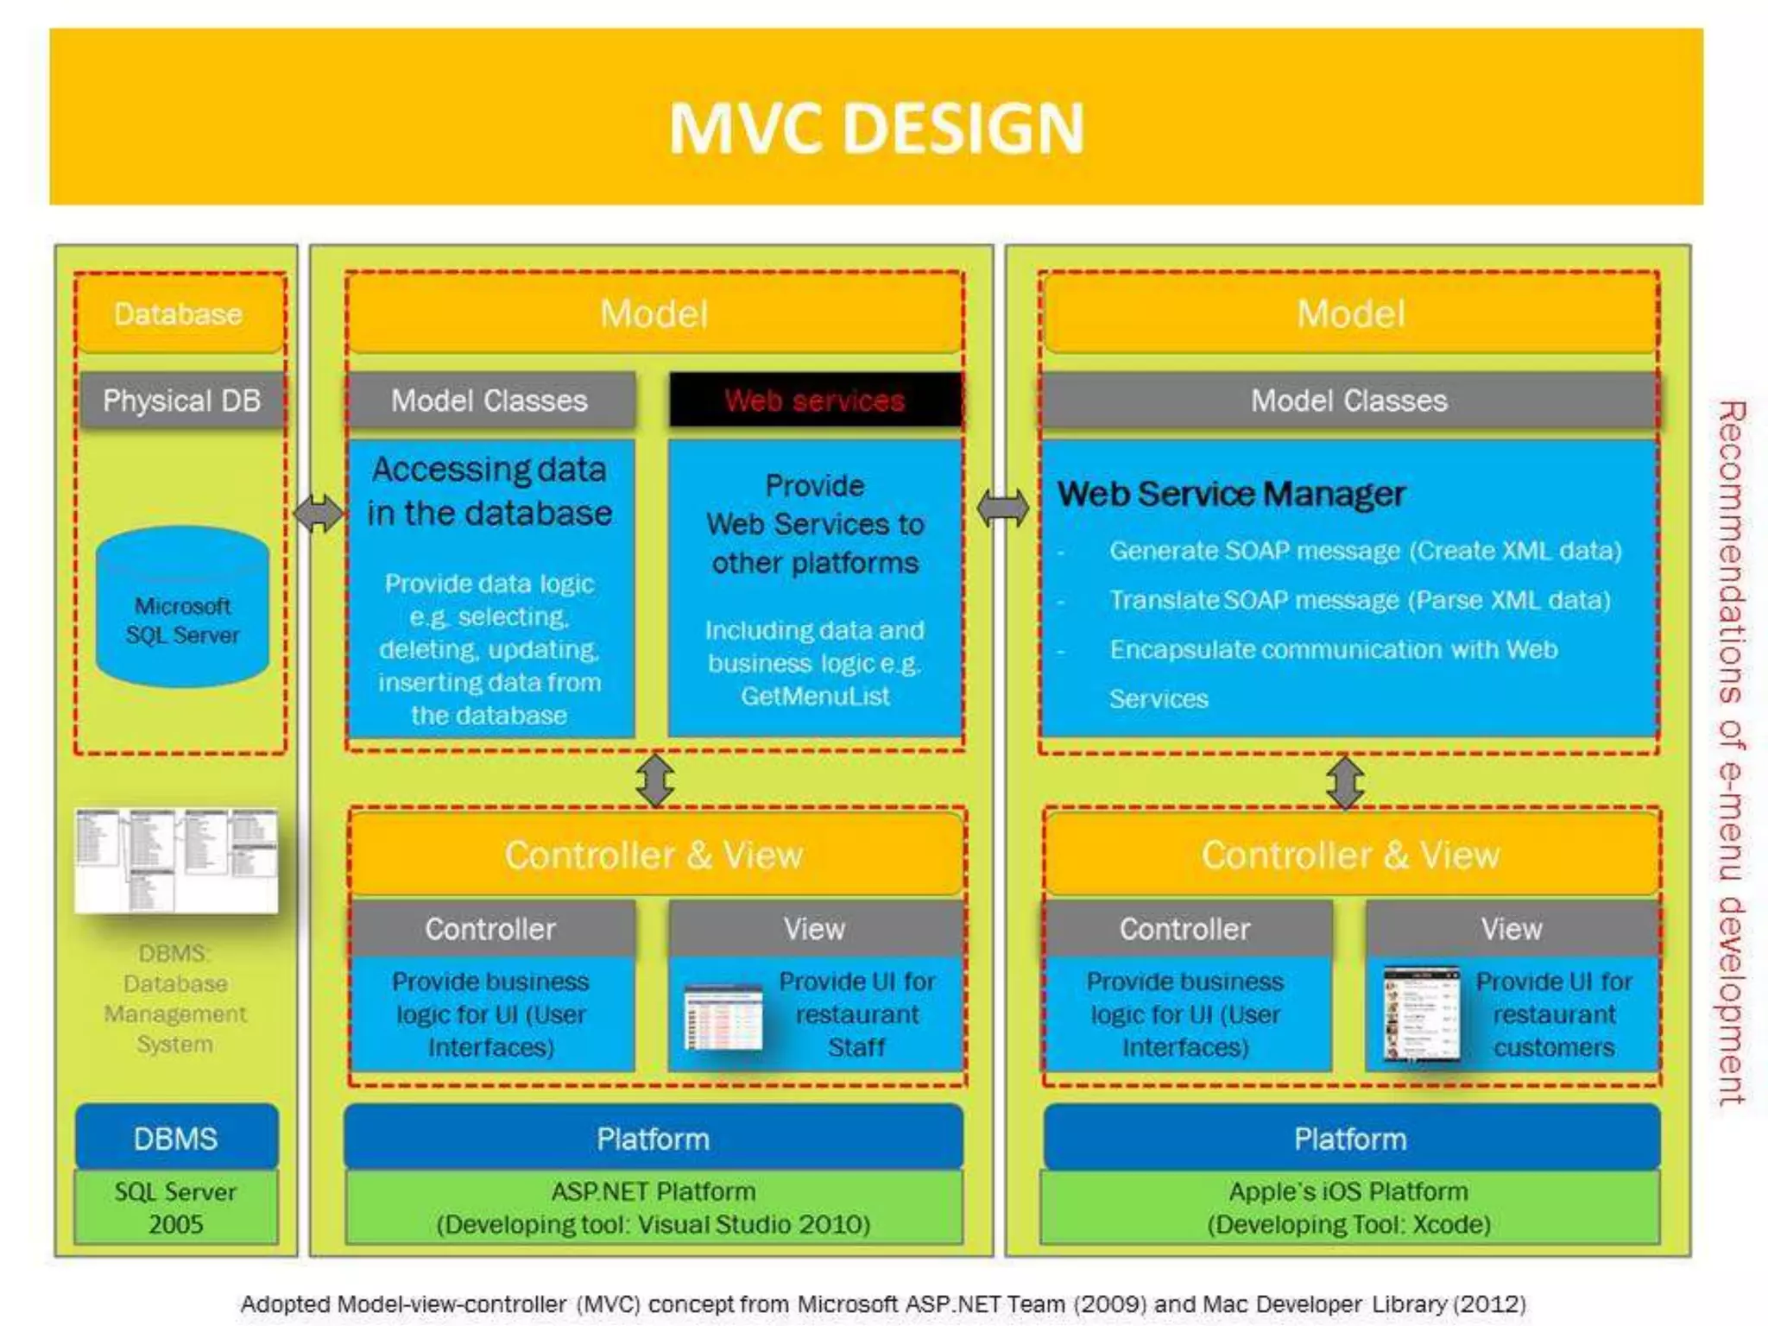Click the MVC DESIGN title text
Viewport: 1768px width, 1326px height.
click(x=875, y=128)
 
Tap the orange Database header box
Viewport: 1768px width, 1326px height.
click(x=179, y=313)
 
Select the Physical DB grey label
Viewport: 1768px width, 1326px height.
click(x=181, y=401)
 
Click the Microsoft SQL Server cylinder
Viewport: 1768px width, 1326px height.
click(x=182, y=609)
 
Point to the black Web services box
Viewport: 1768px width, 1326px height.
click(x=814, y=401)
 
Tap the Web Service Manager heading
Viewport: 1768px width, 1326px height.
click(x=1231, y=494)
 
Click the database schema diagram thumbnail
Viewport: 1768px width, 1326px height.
click(x=176, y=861)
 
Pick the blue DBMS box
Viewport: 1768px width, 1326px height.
click(x=176, y=1138)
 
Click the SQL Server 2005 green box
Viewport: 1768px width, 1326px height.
click(x=176, y=1208)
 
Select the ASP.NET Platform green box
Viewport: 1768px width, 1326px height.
click(x=654, y=1208)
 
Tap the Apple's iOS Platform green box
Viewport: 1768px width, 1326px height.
click(x=1349, y=1208)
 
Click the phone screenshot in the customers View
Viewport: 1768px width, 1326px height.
click(x=1421, y=1013)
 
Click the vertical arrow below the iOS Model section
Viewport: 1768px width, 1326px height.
click(x=1345, y=782)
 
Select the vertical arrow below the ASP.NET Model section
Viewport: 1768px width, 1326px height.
click(x=655, y=780)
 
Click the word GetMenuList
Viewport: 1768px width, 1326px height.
click(x=814, y=697)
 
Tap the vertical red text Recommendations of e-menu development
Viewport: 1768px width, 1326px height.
click(x=1731, y=751)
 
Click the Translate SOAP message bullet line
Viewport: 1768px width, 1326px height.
click(x=1360, y=600)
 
